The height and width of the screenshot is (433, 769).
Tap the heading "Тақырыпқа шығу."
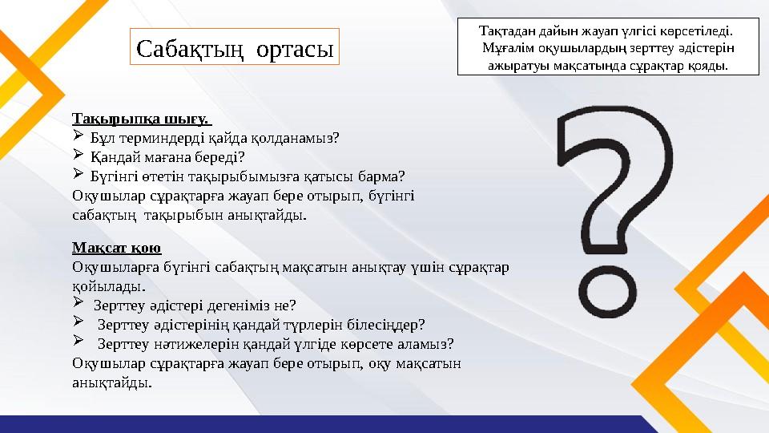click(x=141, y=119)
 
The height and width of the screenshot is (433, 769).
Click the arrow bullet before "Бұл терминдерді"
click(x=78, y=136)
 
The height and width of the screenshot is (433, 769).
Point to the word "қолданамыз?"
click(x=300, y=137)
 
